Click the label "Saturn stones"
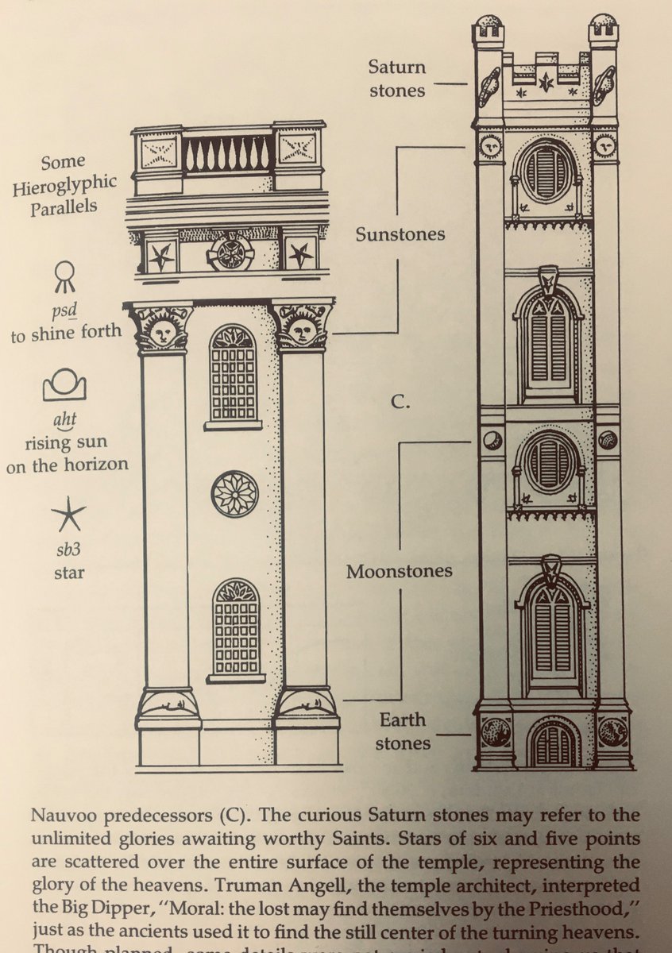click(x=396, y=78)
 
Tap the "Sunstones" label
click(x=400, y=234)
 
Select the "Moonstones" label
click(x=399, y=570)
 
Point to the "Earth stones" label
click(x=402, y=731)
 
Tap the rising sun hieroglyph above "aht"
click(x=64, y=387)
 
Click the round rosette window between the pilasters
click(x=234, y=493)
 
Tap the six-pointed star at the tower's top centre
click(x=546, y=82)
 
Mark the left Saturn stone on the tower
click(x=489, y=87)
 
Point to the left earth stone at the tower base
click(x=496, y=731)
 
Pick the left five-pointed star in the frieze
click(x=161, y=256)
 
